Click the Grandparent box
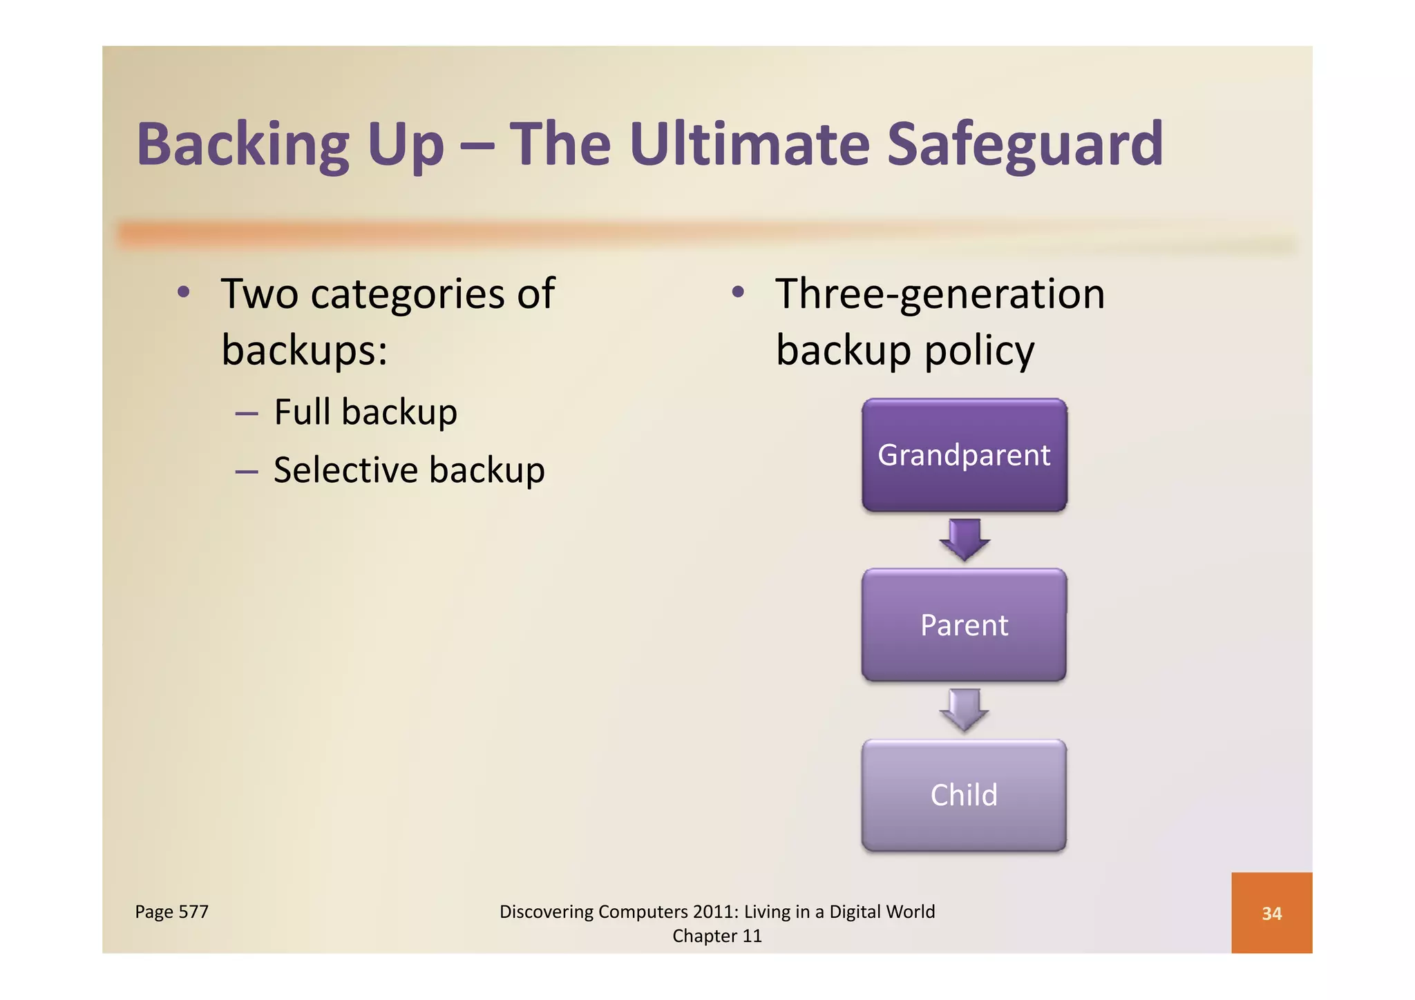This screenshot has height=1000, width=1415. click(964, 455)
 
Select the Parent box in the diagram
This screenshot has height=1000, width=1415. click(964, 625)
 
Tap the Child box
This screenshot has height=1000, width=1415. click(964, 795)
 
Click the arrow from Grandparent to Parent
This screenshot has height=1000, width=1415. click(965, 539)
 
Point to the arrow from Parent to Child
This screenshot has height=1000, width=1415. click(965, 709)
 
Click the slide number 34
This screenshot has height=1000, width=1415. click(1271, 913)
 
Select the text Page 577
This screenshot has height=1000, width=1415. click(171, 912)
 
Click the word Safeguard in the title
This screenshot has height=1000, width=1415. click(1025, 144)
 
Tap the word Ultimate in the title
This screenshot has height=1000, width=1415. click(750, 144)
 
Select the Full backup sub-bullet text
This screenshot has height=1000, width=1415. click(365, 412)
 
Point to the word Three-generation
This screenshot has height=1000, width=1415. click(940, 294)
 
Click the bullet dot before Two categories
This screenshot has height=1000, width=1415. click(183, 292)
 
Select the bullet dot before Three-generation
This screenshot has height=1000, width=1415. click(738, 292)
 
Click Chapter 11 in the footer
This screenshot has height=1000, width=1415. click(717, 936)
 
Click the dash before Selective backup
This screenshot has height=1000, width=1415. click(247, 472)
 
